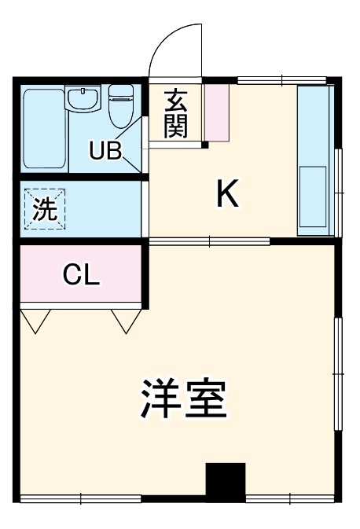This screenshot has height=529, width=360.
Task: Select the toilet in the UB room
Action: coord(120,106)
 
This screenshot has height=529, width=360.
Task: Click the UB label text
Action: coord(105,150)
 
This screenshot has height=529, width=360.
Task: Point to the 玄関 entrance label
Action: coord(176,114)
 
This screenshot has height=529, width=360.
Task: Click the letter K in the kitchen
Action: coord(227,194)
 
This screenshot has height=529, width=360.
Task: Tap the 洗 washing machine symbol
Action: coord(46,209)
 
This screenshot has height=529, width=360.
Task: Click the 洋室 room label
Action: coord(184,399)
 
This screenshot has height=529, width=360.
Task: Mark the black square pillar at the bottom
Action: coord(226,481)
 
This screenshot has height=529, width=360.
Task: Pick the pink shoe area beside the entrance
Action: coord(216,112)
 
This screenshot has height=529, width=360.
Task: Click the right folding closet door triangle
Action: coord(126,318)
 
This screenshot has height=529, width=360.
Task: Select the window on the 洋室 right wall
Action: coord(338,373)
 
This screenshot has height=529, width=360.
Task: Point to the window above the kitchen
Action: coord(281,80)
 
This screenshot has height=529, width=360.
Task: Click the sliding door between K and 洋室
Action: coord(208,241)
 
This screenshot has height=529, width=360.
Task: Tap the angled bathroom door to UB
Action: coord(135,145)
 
